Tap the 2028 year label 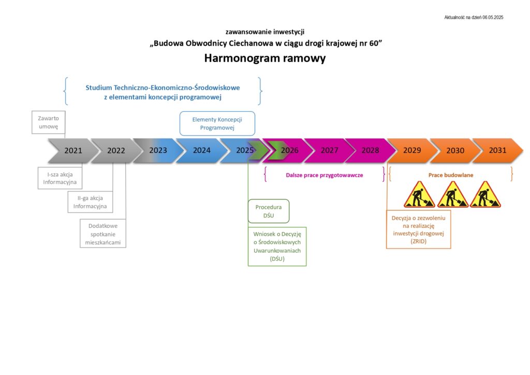pos(370,150)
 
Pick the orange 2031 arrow pos(497,151)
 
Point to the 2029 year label pos(412,150)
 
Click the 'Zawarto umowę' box pos(48,122)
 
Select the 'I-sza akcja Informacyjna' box pos(60,178)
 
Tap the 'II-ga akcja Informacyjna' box pos(90,202)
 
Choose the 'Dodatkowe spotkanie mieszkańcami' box pos(103,234)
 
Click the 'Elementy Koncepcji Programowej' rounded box pos(217,123)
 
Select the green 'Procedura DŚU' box pos(269,211)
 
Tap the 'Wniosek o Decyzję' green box pos(277,247)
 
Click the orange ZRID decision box pos(418,229)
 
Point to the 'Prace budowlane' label pos(451,175)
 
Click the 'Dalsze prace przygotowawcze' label pos(325,175)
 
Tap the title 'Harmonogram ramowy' pos(265,58)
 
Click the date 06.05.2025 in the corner pos(493,17)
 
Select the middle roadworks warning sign pos(452,195)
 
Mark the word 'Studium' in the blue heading pos(99,88)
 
